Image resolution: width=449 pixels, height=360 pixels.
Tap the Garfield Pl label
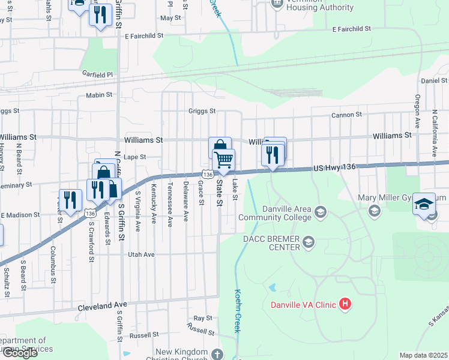(97, 74)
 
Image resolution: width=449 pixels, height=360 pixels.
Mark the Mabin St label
(100, 95)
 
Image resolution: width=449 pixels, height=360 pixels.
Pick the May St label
(170, 18)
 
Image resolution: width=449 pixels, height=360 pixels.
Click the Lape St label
(135, 157)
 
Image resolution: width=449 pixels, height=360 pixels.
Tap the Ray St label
(203, 318)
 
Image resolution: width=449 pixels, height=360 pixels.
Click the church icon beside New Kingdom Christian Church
(216, 355)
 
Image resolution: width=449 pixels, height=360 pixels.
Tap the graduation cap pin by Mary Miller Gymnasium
(424, 205)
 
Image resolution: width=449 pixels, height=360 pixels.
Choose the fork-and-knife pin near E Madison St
(70, 200)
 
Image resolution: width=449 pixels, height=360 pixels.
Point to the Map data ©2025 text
(423, 355)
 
